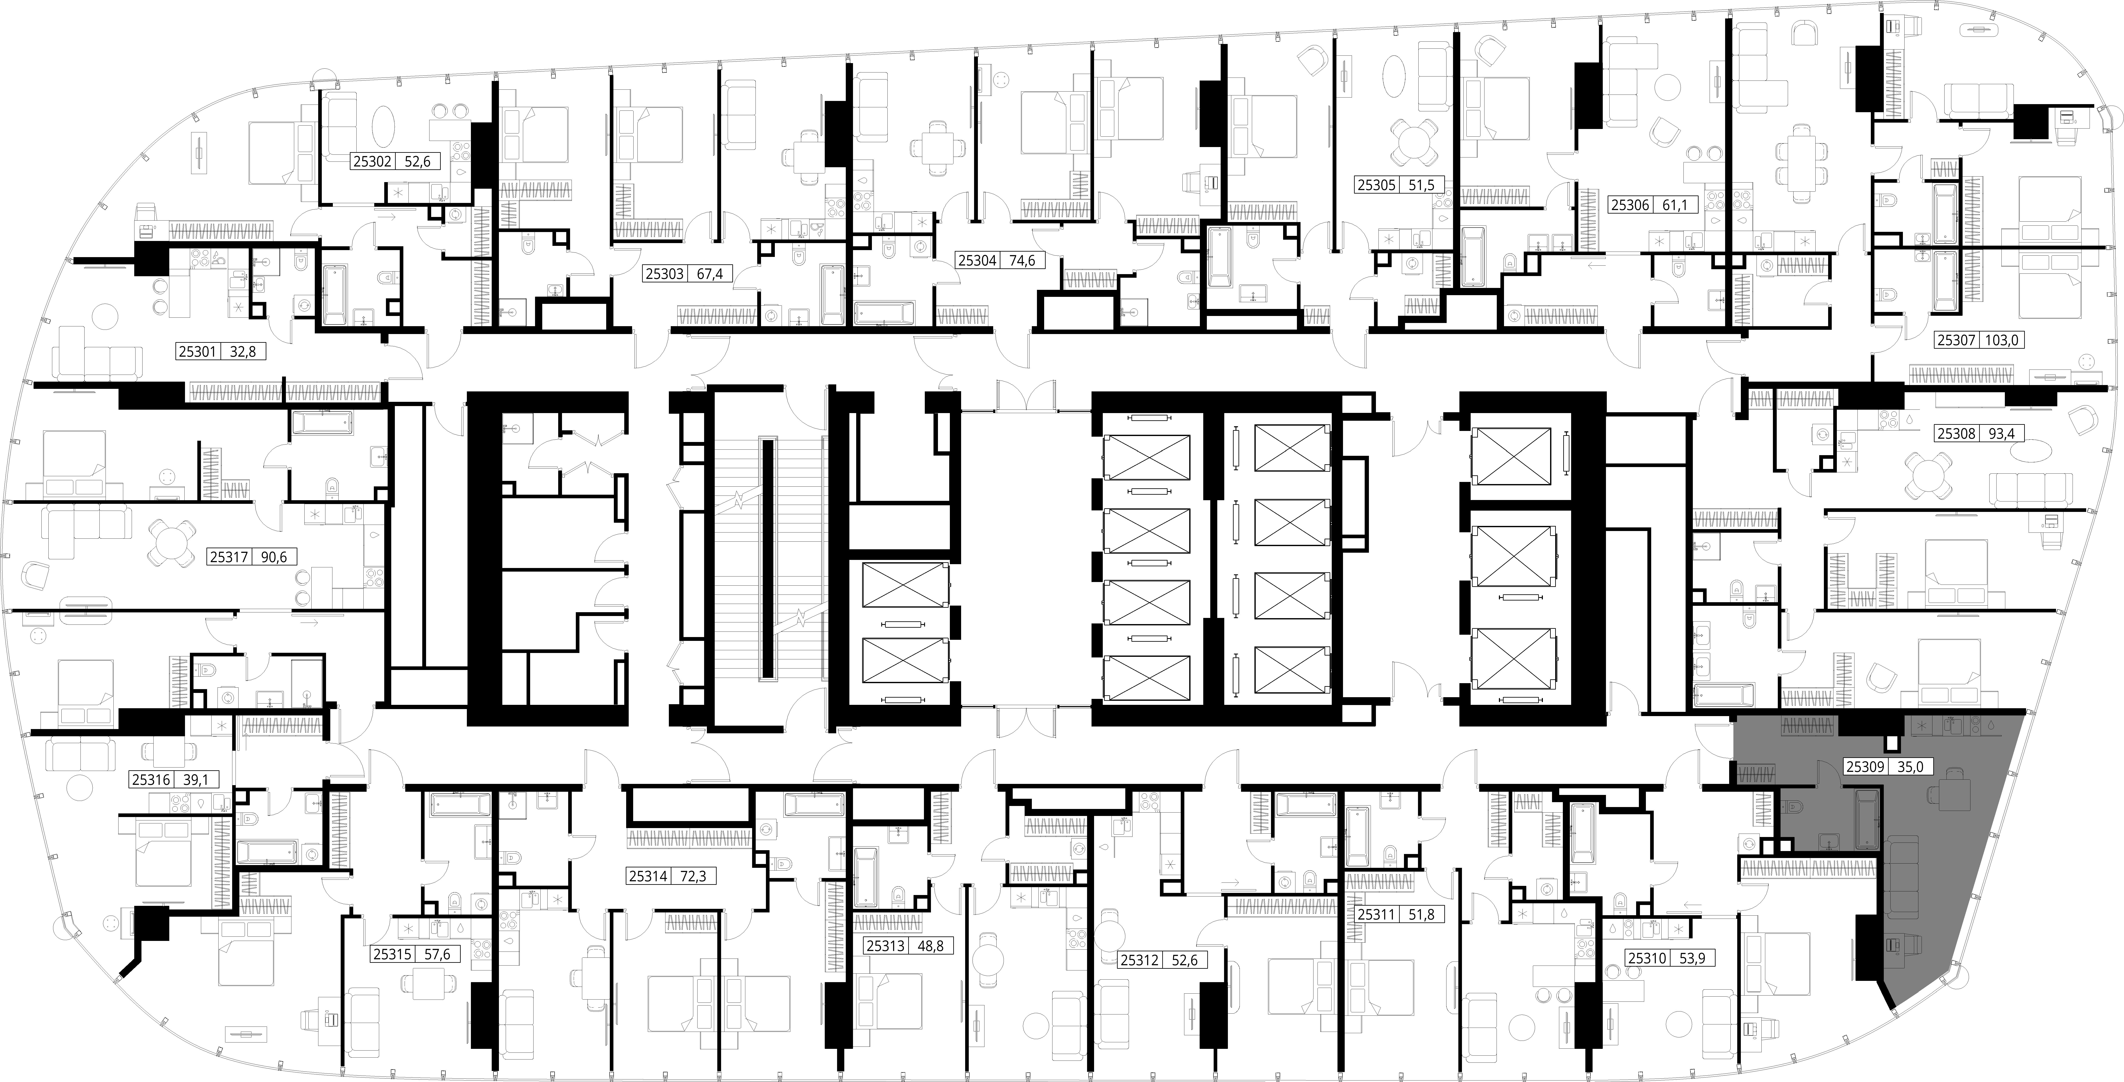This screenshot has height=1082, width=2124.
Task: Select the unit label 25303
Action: point(665,274)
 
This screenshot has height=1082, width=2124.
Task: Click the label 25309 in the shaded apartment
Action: point(1864,766)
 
